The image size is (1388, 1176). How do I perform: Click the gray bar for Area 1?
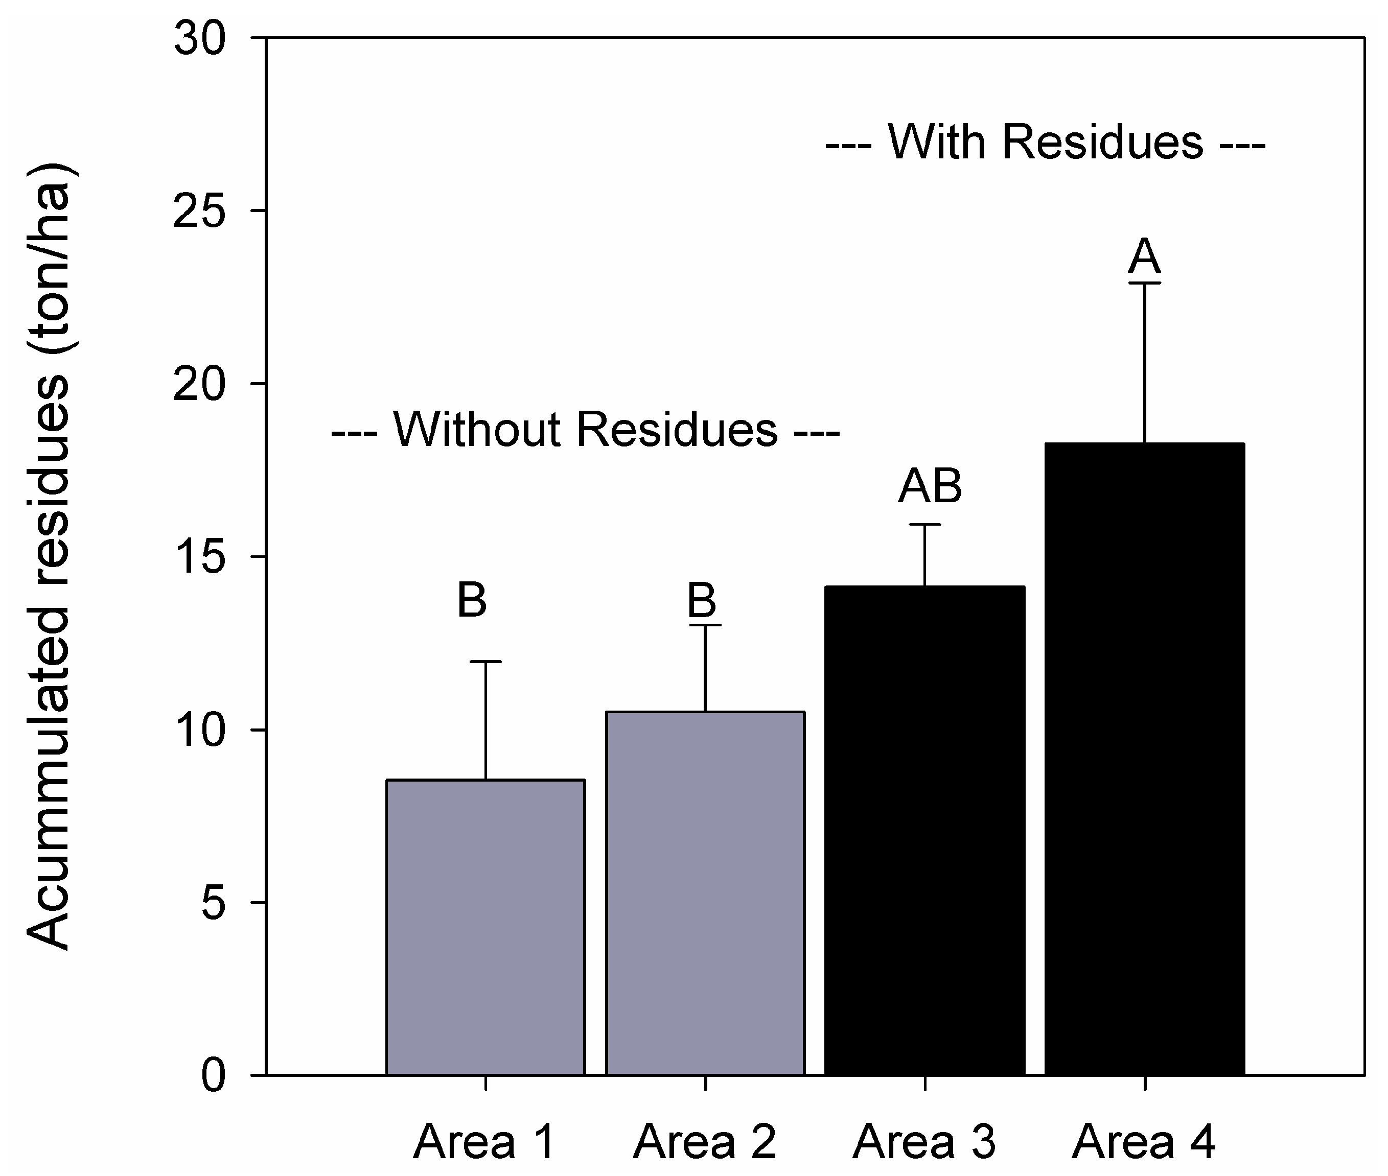(x=485, y=927)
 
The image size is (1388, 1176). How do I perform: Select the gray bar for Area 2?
(x=705, y=893)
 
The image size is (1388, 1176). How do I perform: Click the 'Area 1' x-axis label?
(x=485, y=1142)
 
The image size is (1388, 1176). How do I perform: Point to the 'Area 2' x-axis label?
(x=705, y=1142)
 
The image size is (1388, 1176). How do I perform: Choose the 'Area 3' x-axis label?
(x=924, y=1142)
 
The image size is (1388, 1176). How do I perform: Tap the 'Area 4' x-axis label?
(x=1145, y=1142)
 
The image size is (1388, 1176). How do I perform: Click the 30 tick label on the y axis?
(x=200, y=39)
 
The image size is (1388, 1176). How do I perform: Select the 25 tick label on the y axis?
(x=200, y=211)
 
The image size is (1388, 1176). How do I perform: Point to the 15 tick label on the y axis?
(x=200, y=557)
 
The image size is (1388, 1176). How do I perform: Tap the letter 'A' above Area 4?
(x=1145, y=256)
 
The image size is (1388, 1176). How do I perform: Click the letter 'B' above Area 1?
(x=472, y=600)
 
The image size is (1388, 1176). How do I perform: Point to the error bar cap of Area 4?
(x=1145, y=284)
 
